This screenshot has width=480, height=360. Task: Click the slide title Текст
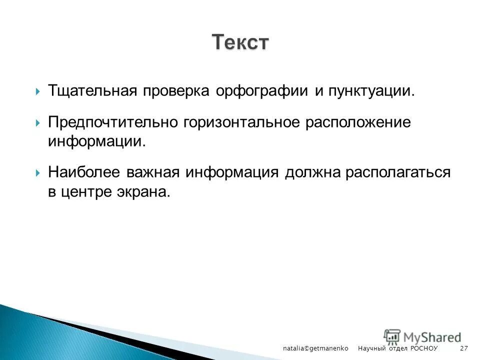(x=240, y=42)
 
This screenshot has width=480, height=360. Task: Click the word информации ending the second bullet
(x=97, y=141)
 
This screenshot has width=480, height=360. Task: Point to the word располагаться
(x=399, y=172)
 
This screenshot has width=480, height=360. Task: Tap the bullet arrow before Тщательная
(x=38, y=92)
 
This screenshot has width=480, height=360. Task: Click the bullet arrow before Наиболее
(x=38, y=173)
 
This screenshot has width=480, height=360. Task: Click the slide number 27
(x=463, y=347)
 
